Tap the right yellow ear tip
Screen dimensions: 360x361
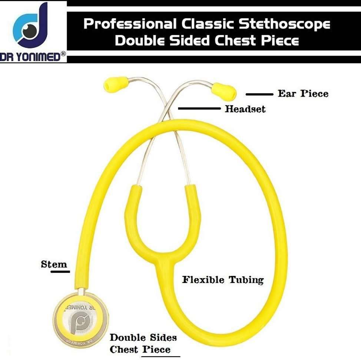coord(224,92)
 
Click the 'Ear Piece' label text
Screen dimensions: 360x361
coord(303,93)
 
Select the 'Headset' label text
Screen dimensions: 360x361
coord(245,109)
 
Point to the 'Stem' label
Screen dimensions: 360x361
coord(54,264)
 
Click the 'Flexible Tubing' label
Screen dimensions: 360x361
coord(222,279)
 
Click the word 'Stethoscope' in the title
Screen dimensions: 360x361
coord(284,24)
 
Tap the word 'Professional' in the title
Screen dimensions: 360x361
coord(129,24)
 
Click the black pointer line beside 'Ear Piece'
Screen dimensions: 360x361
coord(259,94)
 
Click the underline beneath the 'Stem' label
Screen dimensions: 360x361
coord(60,271)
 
